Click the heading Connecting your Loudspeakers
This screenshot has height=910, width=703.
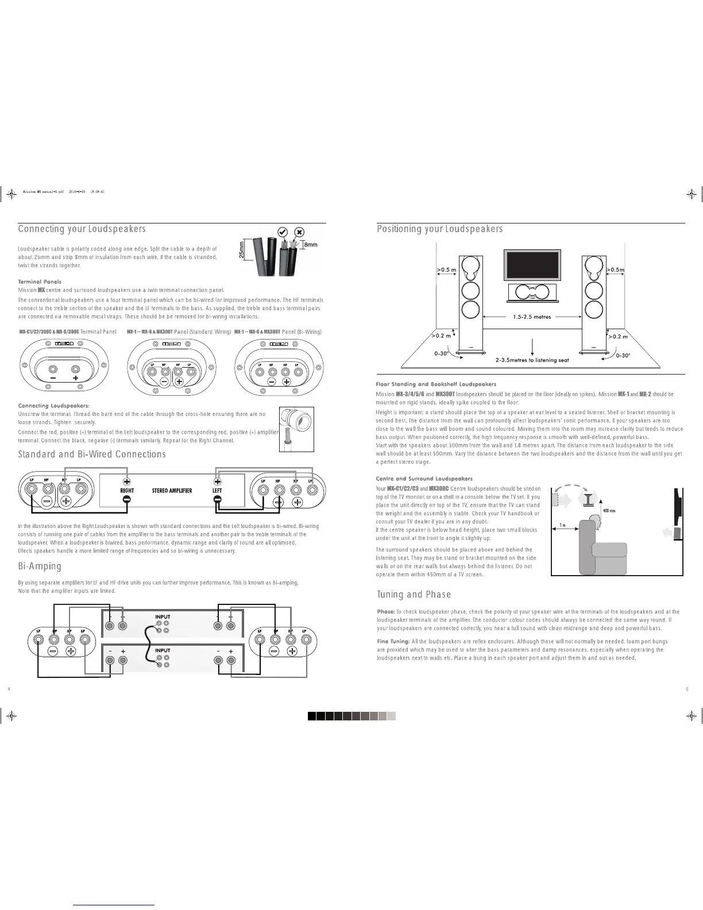(82, 229)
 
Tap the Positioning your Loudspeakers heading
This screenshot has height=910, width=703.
(439, 229)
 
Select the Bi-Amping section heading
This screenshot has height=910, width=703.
(40, 566)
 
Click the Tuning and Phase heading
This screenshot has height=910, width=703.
(414, 594)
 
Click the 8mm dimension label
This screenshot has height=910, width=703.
(310, 245)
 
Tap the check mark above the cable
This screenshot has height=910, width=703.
(283, 232)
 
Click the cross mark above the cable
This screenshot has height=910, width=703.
(299, 232)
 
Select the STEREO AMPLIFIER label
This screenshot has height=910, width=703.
(172, 491)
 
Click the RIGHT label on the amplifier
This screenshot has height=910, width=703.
(127, 491)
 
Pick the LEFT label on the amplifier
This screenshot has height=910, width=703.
(217, 491)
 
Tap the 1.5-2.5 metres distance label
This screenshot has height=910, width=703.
(532, 317)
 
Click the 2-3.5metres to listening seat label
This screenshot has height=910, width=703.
(532, 360)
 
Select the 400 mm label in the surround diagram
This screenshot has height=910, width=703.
(608, 510)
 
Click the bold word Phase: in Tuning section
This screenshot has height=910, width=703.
(385, 612)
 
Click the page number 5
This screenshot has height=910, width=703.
(687, 689)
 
